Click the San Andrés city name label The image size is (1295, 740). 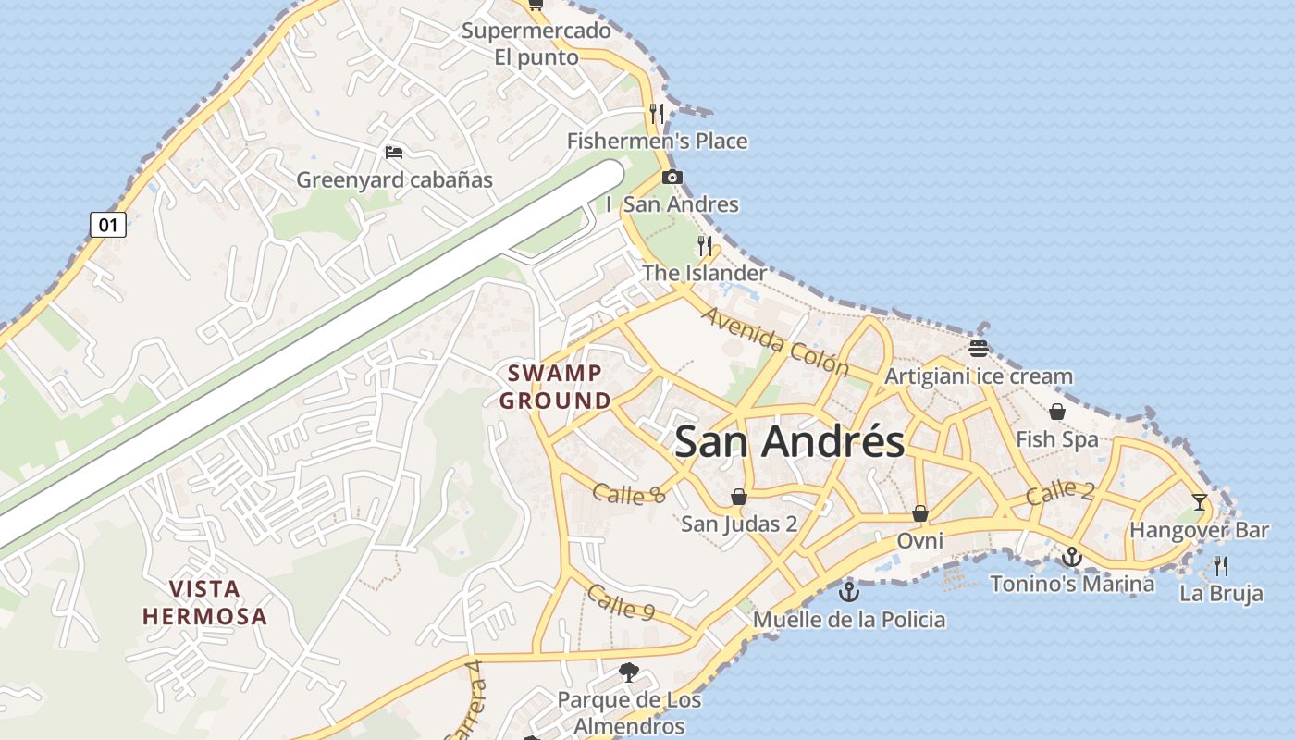click(789, 441)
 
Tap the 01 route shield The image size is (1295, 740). click(107, 225)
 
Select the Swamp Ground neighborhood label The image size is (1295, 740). click(555, 387)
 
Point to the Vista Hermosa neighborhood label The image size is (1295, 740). click(204, 602)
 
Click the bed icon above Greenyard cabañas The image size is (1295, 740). click(394, 152)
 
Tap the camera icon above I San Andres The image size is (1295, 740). click(672, 177)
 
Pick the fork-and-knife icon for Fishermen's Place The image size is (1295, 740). click(657, 114)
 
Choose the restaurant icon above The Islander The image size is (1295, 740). click(705, 246)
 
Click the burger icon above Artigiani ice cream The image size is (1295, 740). click(979, 349)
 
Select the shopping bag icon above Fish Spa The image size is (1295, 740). click(1057, 411)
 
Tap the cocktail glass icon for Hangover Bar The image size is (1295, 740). click(1200, 502)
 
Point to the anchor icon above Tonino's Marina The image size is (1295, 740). click(1072, 557)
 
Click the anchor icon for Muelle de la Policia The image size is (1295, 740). click(848, 591)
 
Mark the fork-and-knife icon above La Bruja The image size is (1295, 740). click(1221, 565)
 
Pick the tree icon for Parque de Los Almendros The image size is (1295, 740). click(629, 672)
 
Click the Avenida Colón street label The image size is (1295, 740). click(775, 341)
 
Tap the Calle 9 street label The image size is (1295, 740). click(621, 602)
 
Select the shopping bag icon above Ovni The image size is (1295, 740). click(920, 513)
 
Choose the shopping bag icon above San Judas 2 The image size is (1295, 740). click(739, 498)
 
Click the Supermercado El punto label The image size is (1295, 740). click(536, 43)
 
